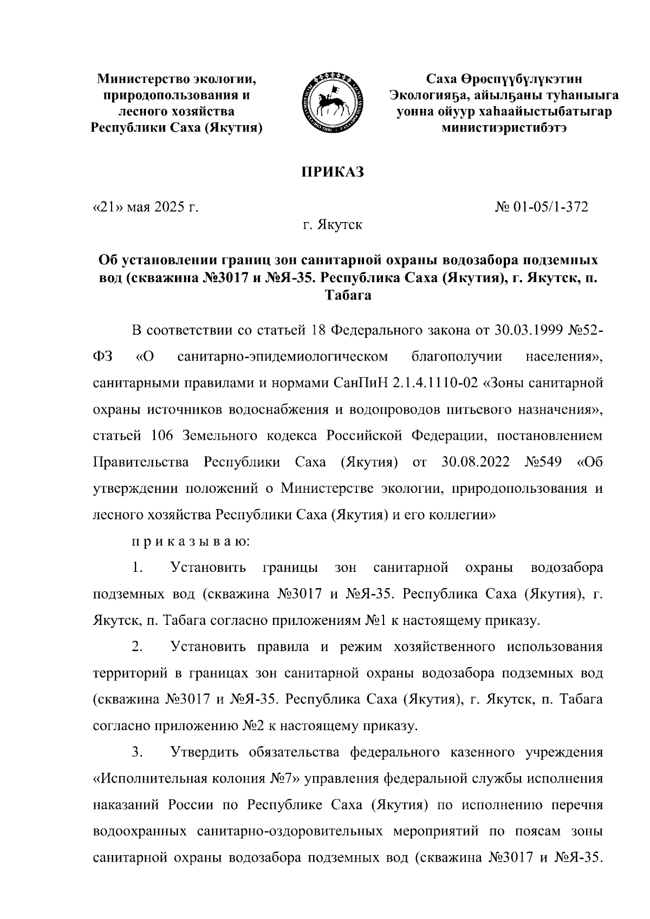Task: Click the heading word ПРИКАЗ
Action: [x=332, y=172]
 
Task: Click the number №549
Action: [x=543, y=462]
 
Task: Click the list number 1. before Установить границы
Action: [x=137, y=568]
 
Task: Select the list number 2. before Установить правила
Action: [x=137, y=647]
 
